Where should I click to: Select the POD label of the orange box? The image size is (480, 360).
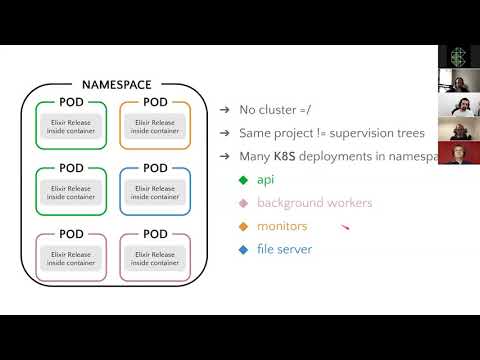tap(154, 102)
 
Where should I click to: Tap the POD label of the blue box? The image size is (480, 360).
tap(154, 168)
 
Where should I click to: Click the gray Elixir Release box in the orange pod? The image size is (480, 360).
tap(154, 125)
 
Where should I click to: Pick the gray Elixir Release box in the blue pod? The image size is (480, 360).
tap(154, 191)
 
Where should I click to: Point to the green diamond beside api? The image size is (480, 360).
tap(243, 180)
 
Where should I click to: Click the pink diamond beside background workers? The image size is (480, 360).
tap(243, 203)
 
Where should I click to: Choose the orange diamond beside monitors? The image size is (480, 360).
tap(243, 226)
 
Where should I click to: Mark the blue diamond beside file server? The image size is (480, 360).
tap(243, 249)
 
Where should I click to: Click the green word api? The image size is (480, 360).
tap(265, 180)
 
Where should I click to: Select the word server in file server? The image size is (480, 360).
tap(295, 249)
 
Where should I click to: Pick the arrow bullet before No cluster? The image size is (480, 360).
tap(225, 110)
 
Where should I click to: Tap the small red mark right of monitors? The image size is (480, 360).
tap(344, 228)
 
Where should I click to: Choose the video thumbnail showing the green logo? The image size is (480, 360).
tap(458, 57)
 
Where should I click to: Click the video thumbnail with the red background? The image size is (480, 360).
tap(458, 154)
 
